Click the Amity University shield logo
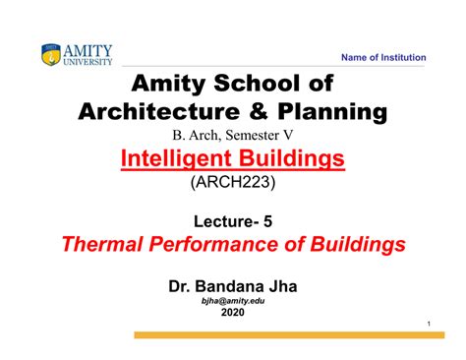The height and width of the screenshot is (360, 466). pos(51,55)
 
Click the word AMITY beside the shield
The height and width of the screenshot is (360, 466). pos(88,49)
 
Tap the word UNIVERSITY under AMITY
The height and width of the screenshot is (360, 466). pos(88,61)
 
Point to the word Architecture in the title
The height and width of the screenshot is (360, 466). pos(148,111)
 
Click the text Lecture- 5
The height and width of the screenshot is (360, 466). pos(232,221)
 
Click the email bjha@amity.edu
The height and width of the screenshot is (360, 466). pos(232,301)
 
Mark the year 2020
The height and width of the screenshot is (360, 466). pos(232,314)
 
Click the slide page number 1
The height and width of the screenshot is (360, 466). pos(431,325)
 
